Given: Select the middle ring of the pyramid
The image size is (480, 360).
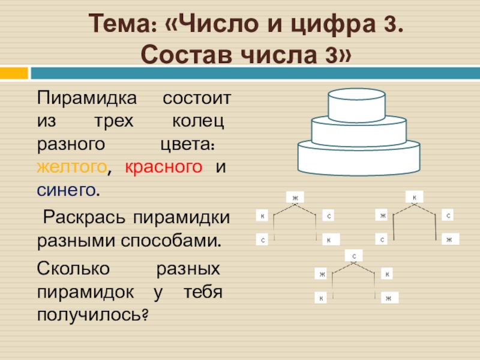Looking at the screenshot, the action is [356, 131].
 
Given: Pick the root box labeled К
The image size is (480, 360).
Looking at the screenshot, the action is [414, 196].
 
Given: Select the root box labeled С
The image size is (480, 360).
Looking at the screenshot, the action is [355, 257].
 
